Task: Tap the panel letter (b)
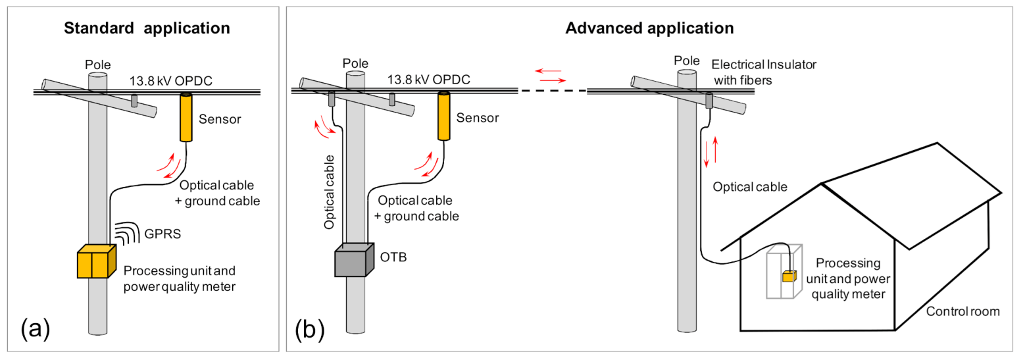307,328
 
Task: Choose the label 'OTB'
393,256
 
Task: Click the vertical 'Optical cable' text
332,191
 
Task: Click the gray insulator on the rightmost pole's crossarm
709,101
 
